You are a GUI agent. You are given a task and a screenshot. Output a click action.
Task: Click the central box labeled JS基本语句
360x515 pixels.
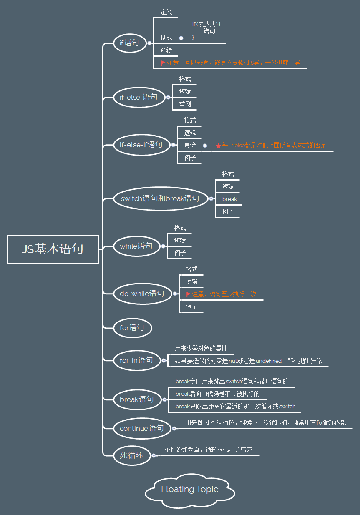(x=53, y=249)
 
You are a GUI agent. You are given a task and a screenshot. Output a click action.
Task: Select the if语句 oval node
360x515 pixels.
(x=129, y=43)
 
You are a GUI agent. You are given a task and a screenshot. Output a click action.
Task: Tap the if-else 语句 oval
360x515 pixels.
(x=139, y=97)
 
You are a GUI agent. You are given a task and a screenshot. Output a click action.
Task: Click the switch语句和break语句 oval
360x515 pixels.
(x=160, y=198)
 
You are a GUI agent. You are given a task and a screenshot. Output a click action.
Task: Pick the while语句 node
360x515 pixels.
(x=136, y=246)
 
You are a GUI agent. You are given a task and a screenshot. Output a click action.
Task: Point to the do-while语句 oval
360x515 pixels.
(x=142, y=294)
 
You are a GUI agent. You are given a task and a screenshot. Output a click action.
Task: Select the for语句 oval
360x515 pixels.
(x=132, y=328)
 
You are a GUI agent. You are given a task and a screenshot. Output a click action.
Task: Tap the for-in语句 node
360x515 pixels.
(x=136, y=360)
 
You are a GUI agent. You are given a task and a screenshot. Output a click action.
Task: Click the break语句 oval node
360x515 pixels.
(x=136, y=399)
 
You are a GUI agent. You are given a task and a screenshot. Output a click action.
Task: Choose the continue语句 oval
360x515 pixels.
(x=141, y=428)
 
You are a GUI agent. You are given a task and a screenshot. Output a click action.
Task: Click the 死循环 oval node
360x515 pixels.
(x=131, y=455)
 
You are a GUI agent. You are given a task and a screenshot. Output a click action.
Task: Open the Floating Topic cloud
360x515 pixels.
(x=190, y=490)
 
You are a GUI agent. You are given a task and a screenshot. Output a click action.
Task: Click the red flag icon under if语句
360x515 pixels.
(x=163, y=63)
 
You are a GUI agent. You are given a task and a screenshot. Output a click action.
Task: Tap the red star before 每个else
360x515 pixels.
(x=218, y=146)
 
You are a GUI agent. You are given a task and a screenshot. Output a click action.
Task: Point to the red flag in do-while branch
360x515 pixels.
(x=189, y=294)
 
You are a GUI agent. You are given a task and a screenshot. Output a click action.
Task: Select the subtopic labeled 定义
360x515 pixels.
(x=166, y=12)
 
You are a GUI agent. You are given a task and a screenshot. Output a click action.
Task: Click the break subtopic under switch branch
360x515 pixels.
(x=229, y=199)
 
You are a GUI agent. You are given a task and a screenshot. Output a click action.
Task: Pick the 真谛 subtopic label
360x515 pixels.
(x=190, y=146)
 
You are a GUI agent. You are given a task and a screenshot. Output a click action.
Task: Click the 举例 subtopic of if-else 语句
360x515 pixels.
(x=185, y=104)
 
